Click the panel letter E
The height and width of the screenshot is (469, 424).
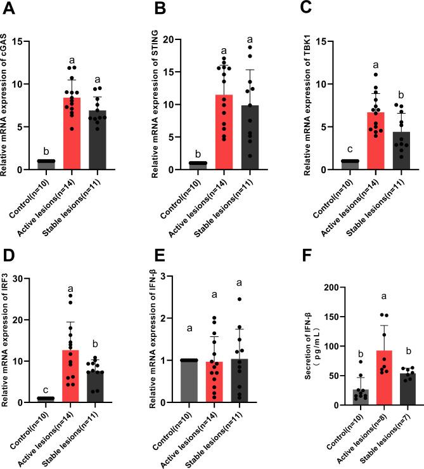click(x=158, y=255)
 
